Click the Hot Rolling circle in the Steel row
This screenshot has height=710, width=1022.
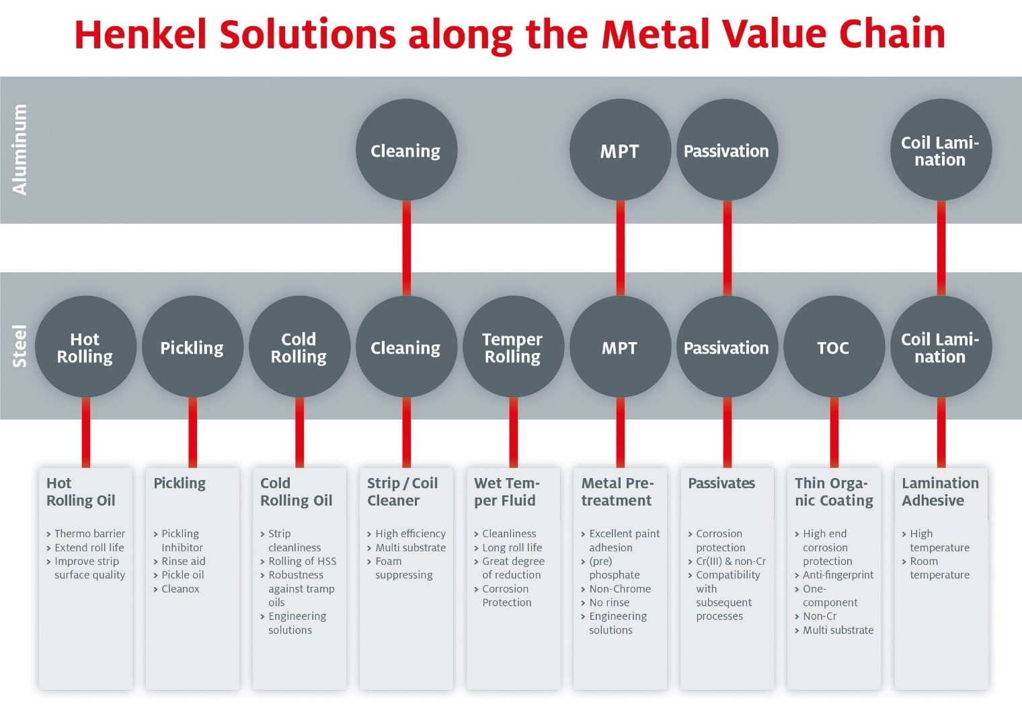pos(86,346)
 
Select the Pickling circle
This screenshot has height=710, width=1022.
pos(192,346)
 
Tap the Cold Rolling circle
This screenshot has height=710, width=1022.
pos(299,346)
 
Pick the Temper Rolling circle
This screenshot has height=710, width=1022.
pos(513,346)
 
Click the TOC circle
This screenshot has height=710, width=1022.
pos(834,346)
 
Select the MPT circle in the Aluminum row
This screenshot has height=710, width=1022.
pos(620,150)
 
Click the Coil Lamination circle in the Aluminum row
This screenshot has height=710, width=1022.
pos(941,150)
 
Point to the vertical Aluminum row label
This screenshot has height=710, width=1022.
pos(19,150)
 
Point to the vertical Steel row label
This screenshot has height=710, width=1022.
pos(19,346)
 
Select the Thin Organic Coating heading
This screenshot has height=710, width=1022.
pos(834,492)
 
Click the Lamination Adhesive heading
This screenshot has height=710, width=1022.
pos(941,492)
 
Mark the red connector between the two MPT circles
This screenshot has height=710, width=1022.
pos(620,248)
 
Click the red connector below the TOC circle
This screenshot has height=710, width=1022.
pos(834,432)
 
